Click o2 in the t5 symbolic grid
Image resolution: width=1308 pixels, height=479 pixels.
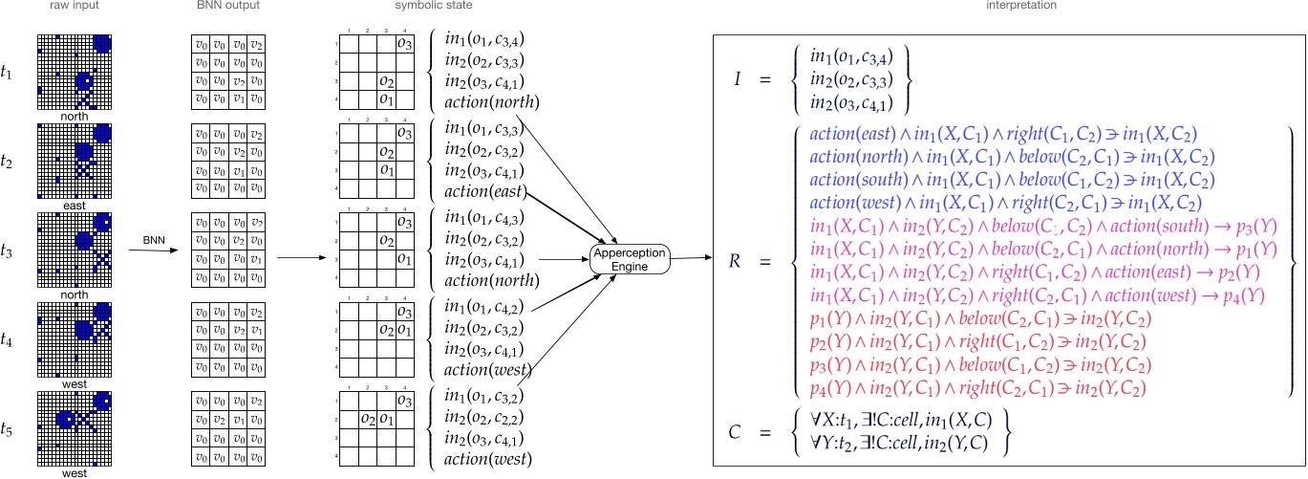[367, 418]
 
